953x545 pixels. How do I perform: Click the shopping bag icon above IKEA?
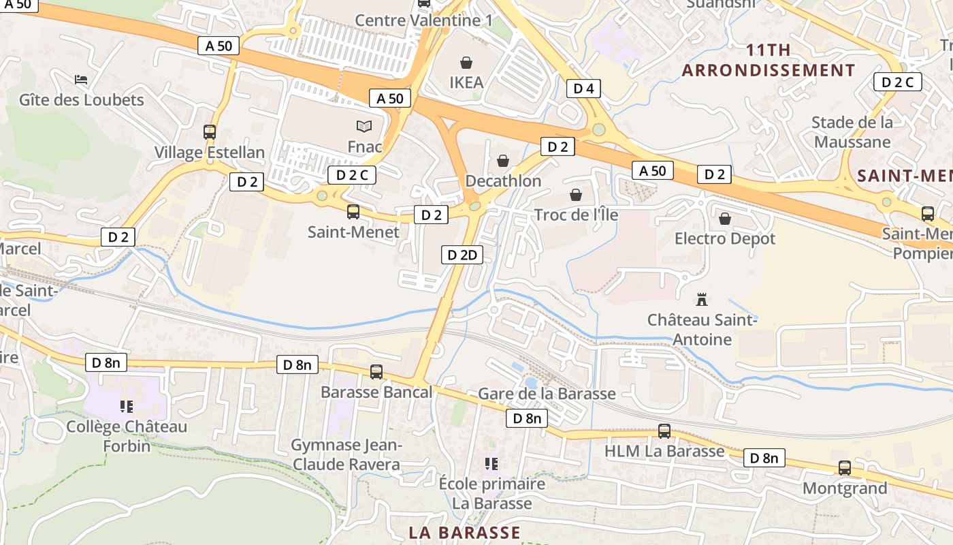click(x=466, y=63)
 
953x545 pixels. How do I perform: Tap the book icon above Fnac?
click(x=364, y=126)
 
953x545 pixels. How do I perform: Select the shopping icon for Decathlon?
click(x=503, y=161)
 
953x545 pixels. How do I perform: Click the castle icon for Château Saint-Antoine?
click(x=701, y=298)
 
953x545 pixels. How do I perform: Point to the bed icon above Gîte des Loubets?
click(x=81, y=80)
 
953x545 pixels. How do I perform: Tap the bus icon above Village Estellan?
click(x=210, y=132)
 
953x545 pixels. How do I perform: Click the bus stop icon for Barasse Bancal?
click(x=376, y=372)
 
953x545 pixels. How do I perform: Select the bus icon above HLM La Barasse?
click(x=664, y=431)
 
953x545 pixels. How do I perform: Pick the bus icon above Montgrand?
click(x=845, y=468)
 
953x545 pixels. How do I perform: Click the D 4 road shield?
click(x=584, y=88)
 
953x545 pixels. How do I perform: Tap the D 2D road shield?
click(x=462, y=255)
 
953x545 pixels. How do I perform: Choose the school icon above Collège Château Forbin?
click(x=126, y=407)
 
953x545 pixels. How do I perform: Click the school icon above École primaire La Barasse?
click(x=491, y=464)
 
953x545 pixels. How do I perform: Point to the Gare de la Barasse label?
click(x=547, y=394)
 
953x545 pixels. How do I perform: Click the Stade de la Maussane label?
click(x=852, y=132)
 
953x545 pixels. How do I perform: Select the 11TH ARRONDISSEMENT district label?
click(x=769, y=60)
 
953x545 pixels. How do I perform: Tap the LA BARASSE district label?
click(x=465, y=532)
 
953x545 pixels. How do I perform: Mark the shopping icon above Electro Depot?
click(x=725, y=219)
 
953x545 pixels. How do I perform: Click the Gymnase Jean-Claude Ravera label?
click(x=346, y=454)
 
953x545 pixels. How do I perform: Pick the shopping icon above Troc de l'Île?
click(x=576, y=196)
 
